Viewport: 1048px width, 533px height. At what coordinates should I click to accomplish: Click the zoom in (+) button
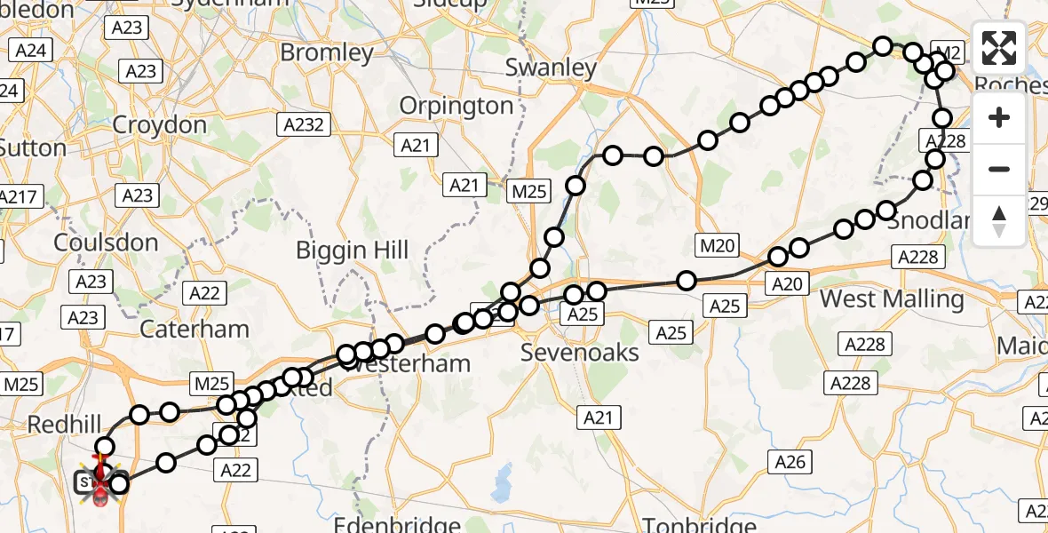pos(999,117)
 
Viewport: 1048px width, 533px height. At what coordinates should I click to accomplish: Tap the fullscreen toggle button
pos(999,48)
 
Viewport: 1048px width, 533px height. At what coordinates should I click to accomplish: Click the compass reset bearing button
pos(999,220)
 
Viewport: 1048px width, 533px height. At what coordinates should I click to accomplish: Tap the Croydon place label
pos(160,124)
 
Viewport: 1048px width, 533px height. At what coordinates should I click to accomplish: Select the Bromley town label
pos(327,52)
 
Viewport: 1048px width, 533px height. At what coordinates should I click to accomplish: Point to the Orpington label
pos(457,106)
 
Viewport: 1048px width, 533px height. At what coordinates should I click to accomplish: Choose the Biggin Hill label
pos(353,250)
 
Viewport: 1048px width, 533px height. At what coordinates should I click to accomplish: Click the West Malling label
pos(892,298)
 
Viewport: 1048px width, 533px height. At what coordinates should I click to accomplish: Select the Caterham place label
pos(195,329)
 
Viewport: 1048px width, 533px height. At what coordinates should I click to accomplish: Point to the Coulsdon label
pos(106,243)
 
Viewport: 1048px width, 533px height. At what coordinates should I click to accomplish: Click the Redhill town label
pos(60,425)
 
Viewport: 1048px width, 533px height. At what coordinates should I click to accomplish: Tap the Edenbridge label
pos(397,524)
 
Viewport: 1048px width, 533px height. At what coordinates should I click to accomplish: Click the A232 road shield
pos(305,124)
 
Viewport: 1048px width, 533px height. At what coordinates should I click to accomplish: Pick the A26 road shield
pos(790,460)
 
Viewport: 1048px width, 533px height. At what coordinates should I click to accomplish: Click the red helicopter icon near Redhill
pos(100,487)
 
